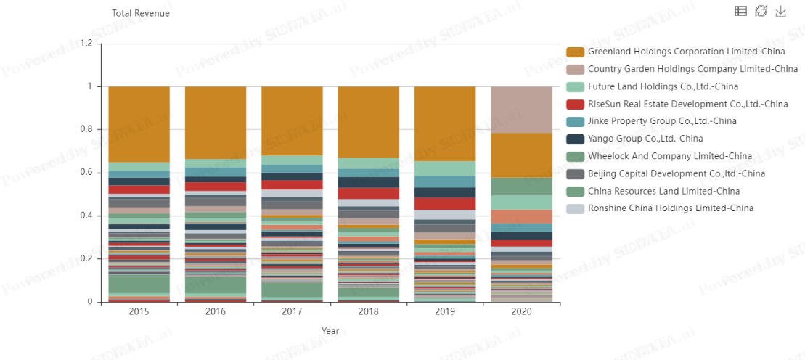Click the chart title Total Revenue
[141, 13]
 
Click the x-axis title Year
[330, 330]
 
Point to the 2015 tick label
[139, 311]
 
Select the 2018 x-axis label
[368, 311]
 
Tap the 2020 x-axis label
[521, 311]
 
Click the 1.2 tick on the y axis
[86, 44]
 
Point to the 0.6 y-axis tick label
[86, 173]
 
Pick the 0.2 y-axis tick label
[86, 259]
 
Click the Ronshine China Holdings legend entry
[670, 208]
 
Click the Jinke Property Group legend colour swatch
[575, 121]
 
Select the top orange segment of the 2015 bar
[139, 123]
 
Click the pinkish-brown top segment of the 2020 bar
[521, 109]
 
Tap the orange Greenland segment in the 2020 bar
[521, 155]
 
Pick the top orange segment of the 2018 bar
[368, 121]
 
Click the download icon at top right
[781, 11]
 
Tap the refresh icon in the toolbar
[761, 11]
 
